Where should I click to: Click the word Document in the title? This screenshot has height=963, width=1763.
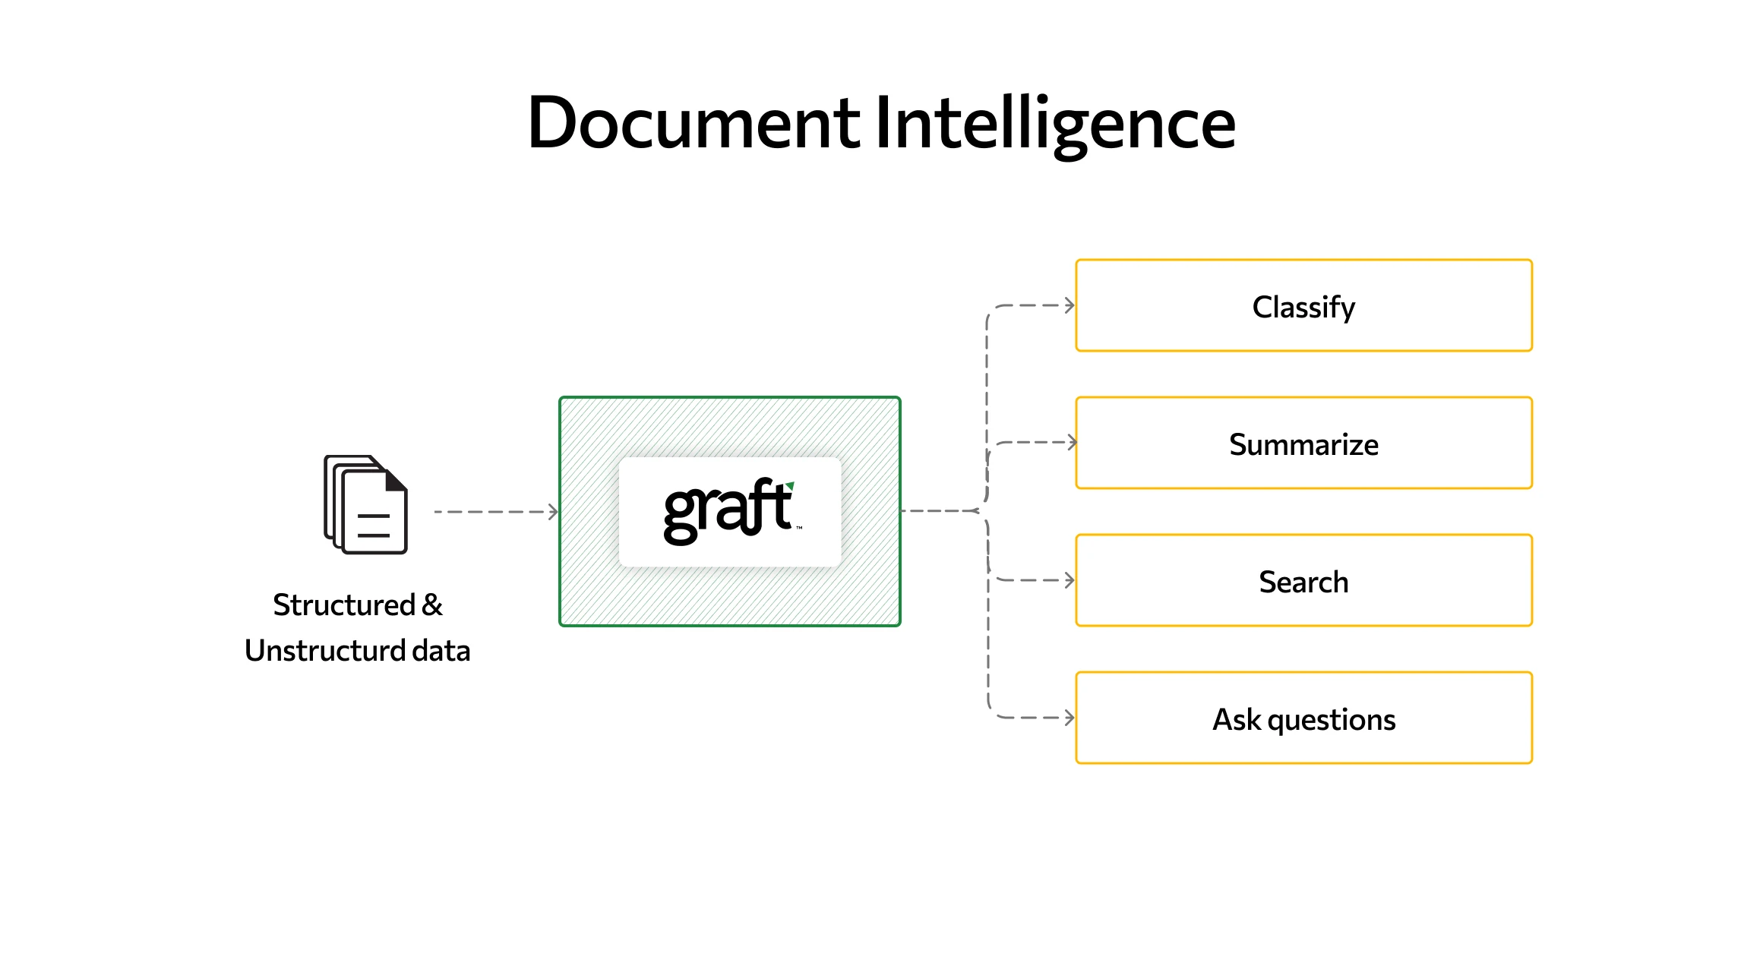(693, 123)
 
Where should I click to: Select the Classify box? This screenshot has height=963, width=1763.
(1303, 306)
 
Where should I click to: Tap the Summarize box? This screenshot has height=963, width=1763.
(1303, 444)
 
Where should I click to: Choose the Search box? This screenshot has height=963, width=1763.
(1303, 581)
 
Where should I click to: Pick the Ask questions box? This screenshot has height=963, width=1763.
(1303, 718)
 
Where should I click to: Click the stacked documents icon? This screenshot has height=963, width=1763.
(365, 505)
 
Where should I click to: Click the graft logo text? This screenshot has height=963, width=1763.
(725, 511)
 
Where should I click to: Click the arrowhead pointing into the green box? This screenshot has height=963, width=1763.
(554, 512)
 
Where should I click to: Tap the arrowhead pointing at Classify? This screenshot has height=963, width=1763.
(1069, 305)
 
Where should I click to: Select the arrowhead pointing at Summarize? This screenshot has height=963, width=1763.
(1072, 442)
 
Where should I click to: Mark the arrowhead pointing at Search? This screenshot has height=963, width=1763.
(1069, 580)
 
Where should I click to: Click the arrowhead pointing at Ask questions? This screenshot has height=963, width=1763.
(1069, 718)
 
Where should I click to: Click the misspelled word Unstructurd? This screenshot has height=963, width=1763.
(324, 651)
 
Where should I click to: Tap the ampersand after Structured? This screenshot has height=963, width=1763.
(432, 605)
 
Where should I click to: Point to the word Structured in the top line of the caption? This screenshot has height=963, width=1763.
(343, 605)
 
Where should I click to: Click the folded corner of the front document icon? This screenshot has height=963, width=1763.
(396, 480)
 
